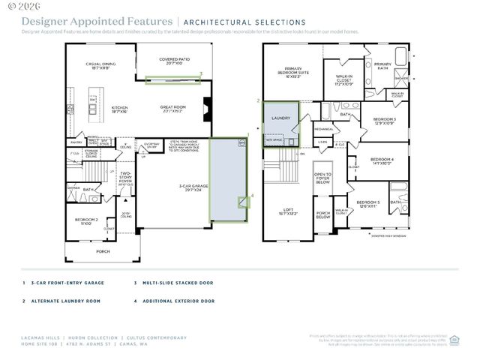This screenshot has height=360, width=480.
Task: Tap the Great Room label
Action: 172,109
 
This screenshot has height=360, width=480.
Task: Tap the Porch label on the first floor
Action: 103,251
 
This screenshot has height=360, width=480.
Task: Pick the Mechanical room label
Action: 324,129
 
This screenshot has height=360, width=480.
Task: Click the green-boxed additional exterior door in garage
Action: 243,201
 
